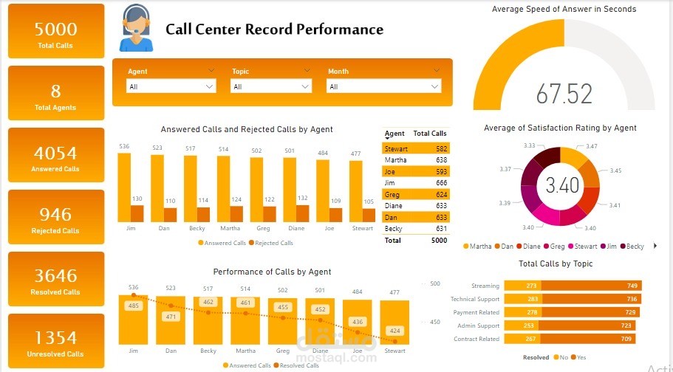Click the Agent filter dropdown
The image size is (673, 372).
[171, 86]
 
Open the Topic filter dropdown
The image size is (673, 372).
[271, 86]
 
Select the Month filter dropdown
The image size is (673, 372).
[383, 86]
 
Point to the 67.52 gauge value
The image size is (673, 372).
[564, 94]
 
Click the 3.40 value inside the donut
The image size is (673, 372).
[563, 185]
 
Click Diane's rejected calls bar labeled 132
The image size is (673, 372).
[302, 213]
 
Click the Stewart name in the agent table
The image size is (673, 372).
[396, 149]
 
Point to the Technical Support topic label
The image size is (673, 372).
[474, 300]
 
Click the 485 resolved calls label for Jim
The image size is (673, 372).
[133, 306]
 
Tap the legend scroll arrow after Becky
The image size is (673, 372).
[655, 246]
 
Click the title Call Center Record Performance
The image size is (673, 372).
[274, 30]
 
